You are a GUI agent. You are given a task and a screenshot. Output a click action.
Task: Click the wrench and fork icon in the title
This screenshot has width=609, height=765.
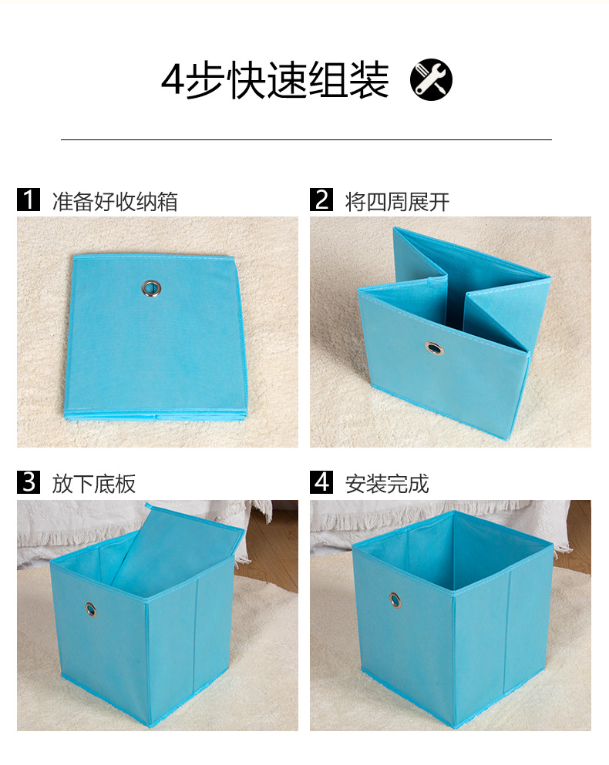tap(431, 79)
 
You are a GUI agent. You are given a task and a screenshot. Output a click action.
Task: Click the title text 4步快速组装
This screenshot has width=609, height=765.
tap(274, 80)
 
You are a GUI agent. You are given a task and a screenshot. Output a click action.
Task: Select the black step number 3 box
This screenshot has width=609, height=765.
tap(28, 482)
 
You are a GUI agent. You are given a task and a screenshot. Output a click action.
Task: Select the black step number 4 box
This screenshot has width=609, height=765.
tap(321, 482)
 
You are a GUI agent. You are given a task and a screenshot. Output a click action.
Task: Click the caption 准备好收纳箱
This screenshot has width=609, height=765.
tap(114, 202)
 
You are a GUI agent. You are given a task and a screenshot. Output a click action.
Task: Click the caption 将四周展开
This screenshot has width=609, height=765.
tap(397, 202)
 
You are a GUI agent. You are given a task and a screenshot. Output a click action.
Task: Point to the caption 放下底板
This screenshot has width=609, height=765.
tap(93, 484)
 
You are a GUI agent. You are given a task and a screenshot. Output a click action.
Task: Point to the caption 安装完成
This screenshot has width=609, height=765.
tap(386, 484)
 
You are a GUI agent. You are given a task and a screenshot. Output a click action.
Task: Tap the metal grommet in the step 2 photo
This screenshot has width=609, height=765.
tap(434, 350)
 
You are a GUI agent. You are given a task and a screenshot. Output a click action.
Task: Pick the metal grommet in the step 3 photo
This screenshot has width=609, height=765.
tap(91, 609)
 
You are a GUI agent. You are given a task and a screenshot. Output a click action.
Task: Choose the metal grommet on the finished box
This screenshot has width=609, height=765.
tap(395, 599)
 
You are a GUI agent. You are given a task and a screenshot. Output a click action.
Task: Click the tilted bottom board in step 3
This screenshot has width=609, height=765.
tap(173, 551)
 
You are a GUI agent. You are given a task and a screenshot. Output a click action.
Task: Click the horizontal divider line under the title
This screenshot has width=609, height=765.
tap(306, 139)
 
